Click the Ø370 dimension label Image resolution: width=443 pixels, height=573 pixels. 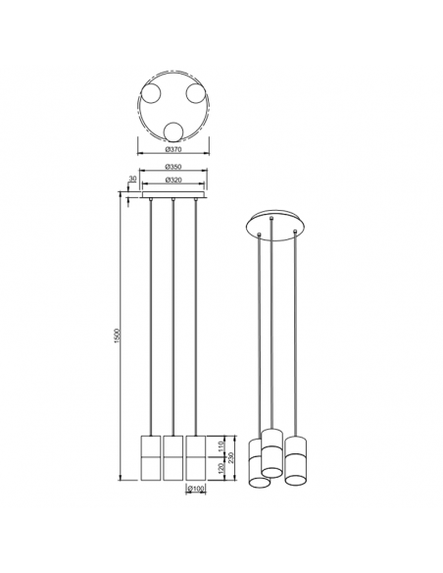click(x=172, y=149)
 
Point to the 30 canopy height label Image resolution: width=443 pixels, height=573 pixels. click(x=131, y=180)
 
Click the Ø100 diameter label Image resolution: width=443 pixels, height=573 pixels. click(x=196, y=488)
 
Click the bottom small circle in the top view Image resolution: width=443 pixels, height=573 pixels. click(x=173, y=132)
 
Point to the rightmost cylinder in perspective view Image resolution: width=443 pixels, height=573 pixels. click(x=298, y=461)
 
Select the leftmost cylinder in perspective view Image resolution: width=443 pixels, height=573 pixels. click(x=259, y=465)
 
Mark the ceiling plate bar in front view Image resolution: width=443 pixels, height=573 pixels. click(x=173, y=196)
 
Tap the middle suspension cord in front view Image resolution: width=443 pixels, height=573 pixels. click(x=172, y=314)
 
